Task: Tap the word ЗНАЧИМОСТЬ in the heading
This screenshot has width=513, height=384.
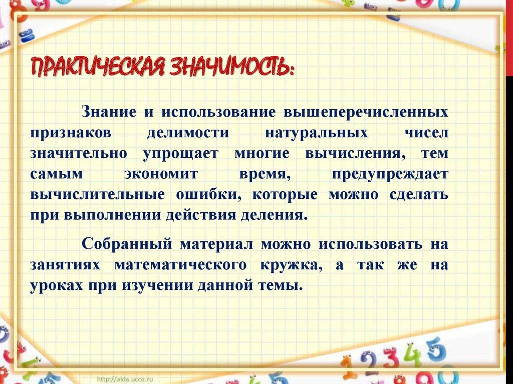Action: coord(225,68)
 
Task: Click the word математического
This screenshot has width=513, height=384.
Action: coord(180,265)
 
